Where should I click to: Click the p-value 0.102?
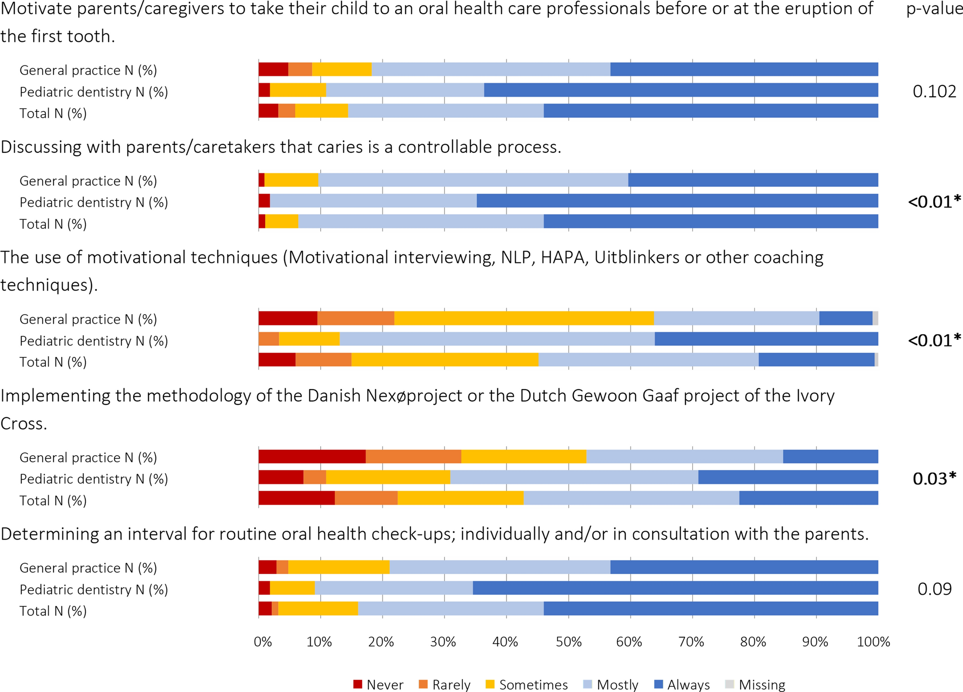[x=934, y=91]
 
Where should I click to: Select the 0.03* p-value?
[x=934, y=478]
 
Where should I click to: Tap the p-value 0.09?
[x=934, y=589]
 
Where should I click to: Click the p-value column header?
[x=934, y=9]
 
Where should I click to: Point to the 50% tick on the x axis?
[x=568, y=642]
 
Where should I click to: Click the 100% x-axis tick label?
[x=873, y=642]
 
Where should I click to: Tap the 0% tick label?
[x=263, y=642]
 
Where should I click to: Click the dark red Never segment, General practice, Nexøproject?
[x=312, y=457]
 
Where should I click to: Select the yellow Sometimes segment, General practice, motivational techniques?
[x=524, y=318]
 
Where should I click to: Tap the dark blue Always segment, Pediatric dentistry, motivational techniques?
[x=766, y=339]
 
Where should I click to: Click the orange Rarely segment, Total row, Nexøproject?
[x=366, y=498]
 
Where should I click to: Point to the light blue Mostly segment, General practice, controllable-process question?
[x=473, y=180]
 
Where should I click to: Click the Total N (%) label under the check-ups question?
[x=53, y=611]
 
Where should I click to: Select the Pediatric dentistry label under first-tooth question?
[x=93, y=92]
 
